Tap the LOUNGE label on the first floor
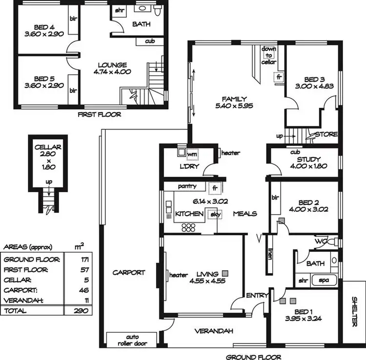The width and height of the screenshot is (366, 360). (x=112, y=65)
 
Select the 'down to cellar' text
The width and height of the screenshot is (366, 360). (x=269, y=56)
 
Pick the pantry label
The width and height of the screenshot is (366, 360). (x=187, y=186)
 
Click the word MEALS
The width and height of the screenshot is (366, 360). (x=245, y=214)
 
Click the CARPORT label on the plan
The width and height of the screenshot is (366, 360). (x=129, y=272)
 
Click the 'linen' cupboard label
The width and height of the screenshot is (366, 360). (x=269, y=256)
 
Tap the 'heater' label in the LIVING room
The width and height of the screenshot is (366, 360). (x=179, y=275)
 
